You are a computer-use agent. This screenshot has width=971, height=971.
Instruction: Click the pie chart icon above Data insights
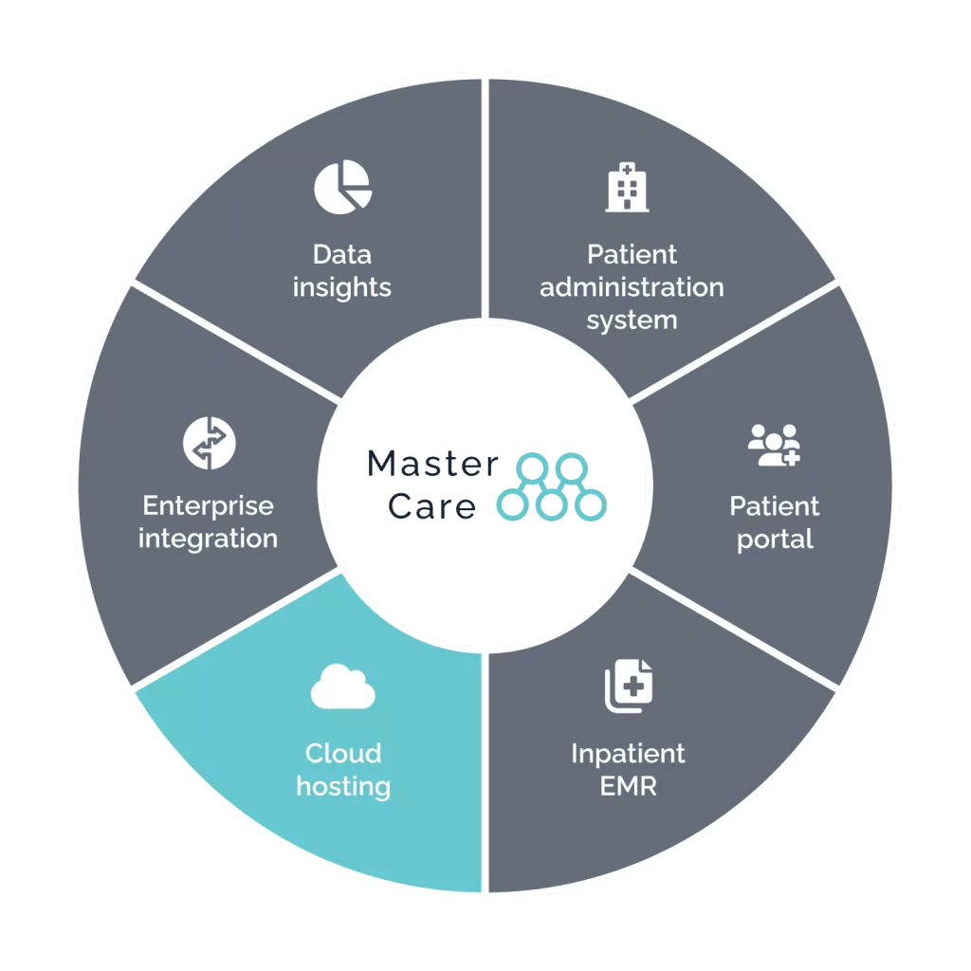(342, 186)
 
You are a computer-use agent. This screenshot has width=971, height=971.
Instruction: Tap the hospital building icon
(628, 187)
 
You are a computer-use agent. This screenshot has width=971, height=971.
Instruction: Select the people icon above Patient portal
(774, 444)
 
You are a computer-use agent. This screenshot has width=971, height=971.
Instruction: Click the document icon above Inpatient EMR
(629, 687)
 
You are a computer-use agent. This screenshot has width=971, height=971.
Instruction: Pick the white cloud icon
(342, 687)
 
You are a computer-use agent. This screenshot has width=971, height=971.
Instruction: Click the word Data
(342, 254)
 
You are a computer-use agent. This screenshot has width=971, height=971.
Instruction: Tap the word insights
(342, 286)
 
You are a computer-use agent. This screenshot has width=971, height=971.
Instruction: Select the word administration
(632, 286)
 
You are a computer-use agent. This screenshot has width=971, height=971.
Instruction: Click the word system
(632, 320)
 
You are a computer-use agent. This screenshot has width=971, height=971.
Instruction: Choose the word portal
(775, 540)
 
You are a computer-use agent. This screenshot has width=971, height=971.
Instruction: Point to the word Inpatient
(628, 754)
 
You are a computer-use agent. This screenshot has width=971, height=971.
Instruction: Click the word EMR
(628, 786)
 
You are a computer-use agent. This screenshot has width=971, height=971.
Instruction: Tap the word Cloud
(343, 754)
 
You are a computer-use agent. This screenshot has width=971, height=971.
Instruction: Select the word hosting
(343, 786)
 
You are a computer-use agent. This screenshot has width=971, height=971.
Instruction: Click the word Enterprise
(208, 505)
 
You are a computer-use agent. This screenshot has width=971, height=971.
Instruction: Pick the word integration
(208, 539)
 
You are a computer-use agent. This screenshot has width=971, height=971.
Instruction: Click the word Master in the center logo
(432, 465)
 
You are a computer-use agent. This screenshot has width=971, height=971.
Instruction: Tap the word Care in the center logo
(432, 507)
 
